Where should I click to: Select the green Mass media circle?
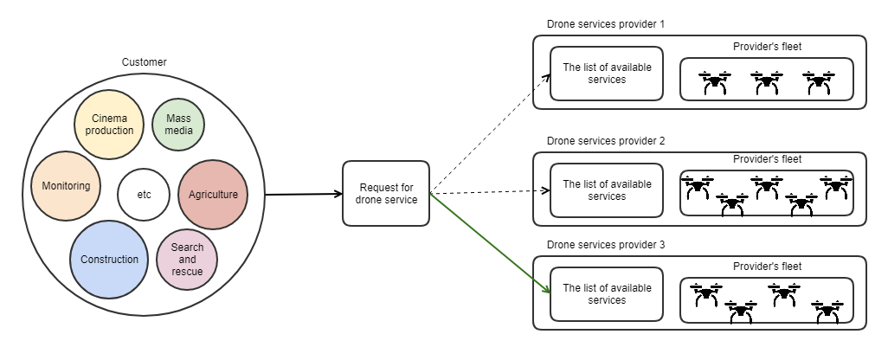point(179,125)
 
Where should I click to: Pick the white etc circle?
point(144,194)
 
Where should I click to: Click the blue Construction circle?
point(109,259)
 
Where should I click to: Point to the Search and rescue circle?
point(187,260)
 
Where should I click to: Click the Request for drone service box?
point(386,194)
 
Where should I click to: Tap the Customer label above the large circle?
point(144,62)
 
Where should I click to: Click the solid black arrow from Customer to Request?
point(303,194)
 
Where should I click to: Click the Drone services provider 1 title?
point(606,23)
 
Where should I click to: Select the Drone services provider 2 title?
point(606,140)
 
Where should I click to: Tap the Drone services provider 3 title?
point(606,245)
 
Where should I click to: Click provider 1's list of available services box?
point(607,74)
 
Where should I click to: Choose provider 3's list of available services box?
point(607,294)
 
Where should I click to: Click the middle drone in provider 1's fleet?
point(767,83)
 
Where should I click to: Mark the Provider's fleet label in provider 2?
point(767,159)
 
